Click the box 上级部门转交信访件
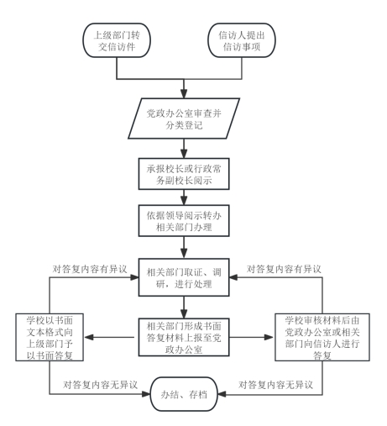117,40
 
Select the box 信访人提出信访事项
242,40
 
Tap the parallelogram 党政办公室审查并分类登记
184,118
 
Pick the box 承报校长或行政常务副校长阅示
184,174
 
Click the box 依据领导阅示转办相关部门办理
184,221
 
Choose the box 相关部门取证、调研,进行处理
184,277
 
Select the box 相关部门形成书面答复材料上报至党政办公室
184,337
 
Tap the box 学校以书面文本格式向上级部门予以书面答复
50,337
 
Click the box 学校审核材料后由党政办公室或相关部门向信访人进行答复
322,337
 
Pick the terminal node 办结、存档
184,394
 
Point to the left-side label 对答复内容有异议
90,269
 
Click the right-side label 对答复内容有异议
284,269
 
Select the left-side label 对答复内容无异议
100,385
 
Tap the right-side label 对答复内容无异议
275,385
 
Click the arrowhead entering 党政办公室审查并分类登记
184,93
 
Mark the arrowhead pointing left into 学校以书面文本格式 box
89,337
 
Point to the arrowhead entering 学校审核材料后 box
269,337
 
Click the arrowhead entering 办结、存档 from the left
146,394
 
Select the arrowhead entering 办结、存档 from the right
222,394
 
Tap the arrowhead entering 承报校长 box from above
184,154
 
